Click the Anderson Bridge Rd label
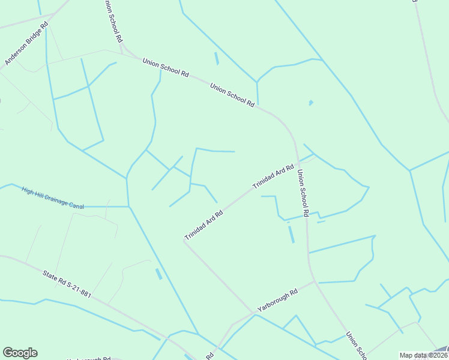point(26,44)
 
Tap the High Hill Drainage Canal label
point(52,197)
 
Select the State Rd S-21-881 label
point(67,285)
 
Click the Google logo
point(20,353)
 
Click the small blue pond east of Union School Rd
point(310,103)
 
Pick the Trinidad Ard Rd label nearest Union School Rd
point(273,177)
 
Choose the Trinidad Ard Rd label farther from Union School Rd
point(203,225)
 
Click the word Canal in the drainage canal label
point(76,205)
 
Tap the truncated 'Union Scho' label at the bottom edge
point(356,344)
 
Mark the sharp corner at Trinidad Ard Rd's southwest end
point(184,241)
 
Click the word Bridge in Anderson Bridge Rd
point(27,43)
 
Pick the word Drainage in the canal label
point(53,198)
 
